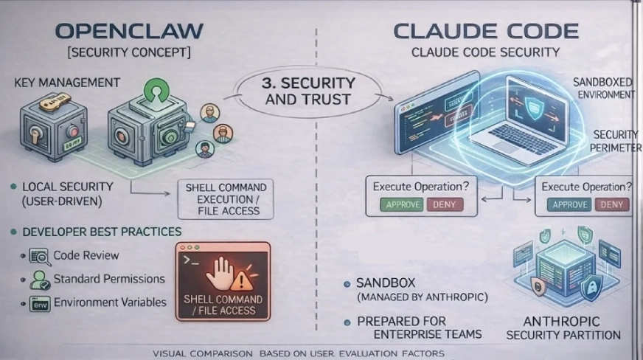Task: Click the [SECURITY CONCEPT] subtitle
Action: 129,53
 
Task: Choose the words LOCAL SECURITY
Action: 68,187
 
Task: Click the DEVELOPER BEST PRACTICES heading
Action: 102,232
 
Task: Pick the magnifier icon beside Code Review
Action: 38,256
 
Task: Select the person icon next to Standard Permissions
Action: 38,280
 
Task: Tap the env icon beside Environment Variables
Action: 38,302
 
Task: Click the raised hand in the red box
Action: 220,272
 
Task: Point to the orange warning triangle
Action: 240,280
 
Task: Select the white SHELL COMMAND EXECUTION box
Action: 226,198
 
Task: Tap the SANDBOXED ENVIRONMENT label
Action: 603,89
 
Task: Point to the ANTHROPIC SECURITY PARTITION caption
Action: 563,328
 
